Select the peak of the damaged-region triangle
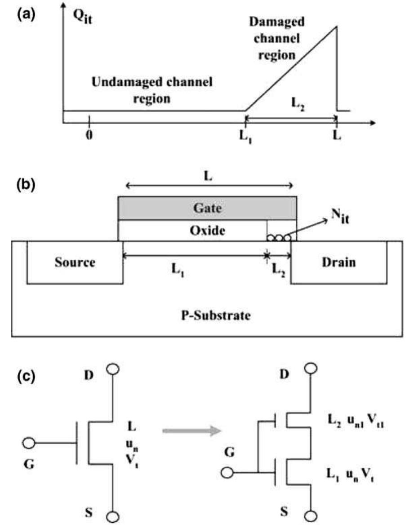(336, 27)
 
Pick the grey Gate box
(207, 208)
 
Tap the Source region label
(75, 262)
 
